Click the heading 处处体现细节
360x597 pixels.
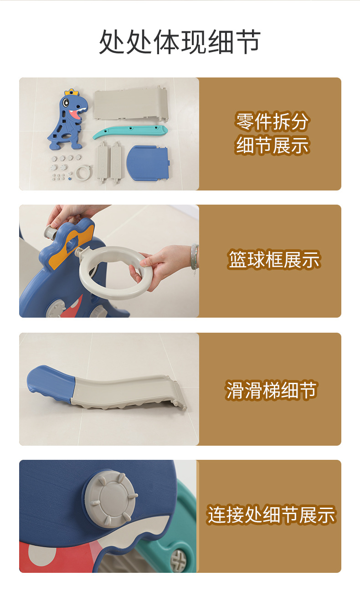point(180,42)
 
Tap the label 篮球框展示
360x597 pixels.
point(274,259)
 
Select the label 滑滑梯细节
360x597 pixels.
point(271,390)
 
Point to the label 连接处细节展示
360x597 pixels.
point(271,515)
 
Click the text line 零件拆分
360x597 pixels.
point(272,122)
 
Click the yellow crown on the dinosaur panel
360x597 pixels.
point(72,92)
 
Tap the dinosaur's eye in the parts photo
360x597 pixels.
point(66,102)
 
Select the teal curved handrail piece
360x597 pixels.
point(130,132)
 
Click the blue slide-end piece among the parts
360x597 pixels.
point(148,163)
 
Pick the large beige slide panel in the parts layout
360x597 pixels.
point(131,104)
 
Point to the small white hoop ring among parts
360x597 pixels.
point(84,173)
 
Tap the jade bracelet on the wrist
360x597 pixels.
point(195,257)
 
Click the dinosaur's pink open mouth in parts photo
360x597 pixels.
point(77,113)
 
